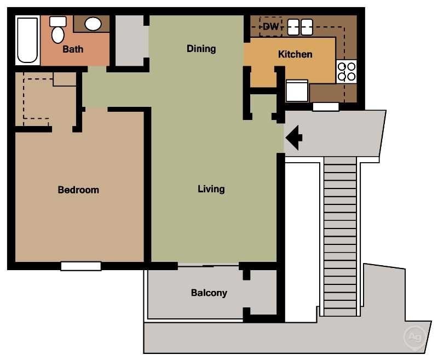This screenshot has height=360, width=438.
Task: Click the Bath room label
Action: [73, 49]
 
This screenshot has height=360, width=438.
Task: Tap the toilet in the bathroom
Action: [57, 31]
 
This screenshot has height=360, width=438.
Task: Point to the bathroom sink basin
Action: [93, 24]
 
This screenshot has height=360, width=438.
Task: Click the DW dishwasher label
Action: [270, 26]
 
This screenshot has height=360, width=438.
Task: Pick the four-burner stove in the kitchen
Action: [346, 71]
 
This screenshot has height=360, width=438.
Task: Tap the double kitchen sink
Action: [300, 26]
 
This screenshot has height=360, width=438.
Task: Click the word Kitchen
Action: [295, 54]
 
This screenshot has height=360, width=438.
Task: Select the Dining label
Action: [201, 49]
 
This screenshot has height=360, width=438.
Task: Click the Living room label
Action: [211, 189]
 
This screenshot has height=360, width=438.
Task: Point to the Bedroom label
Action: [78, 190]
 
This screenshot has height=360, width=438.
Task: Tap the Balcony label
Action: [209, 293]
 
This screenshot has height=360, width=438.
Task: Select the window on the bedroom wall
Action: [81, 266]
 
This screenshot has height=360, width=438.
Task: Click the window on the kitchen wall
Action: [326, 107]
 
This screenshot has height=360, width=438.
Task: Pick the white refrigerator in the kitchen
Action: [297, 91]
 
